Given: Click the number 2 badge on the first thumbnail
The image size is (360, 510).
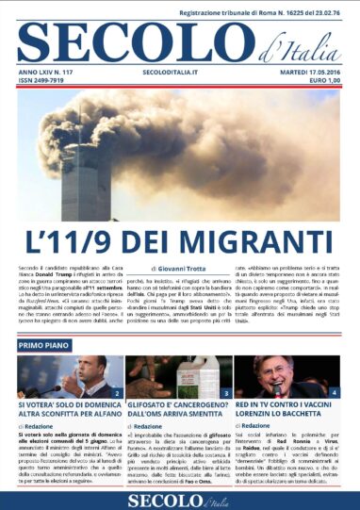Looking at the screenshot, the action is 117,392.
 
